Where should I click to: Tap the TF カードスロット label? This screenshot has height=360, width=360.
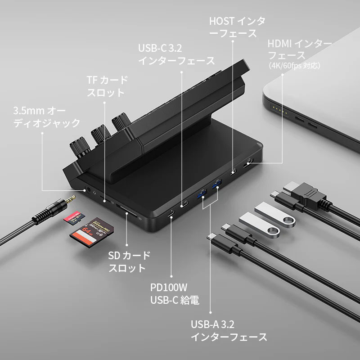tap(107, 86)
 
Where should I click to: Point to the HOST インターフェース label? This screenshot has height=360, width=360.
tap(233, 27)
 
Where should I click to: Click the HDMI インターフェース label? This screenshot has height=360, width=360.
tap(299, 49)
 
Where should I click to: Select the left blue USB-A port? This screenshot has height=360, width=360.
tap(201, 195)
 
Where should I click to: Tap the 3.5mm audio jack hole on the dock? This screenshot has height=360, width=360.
tap(87, 190)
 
